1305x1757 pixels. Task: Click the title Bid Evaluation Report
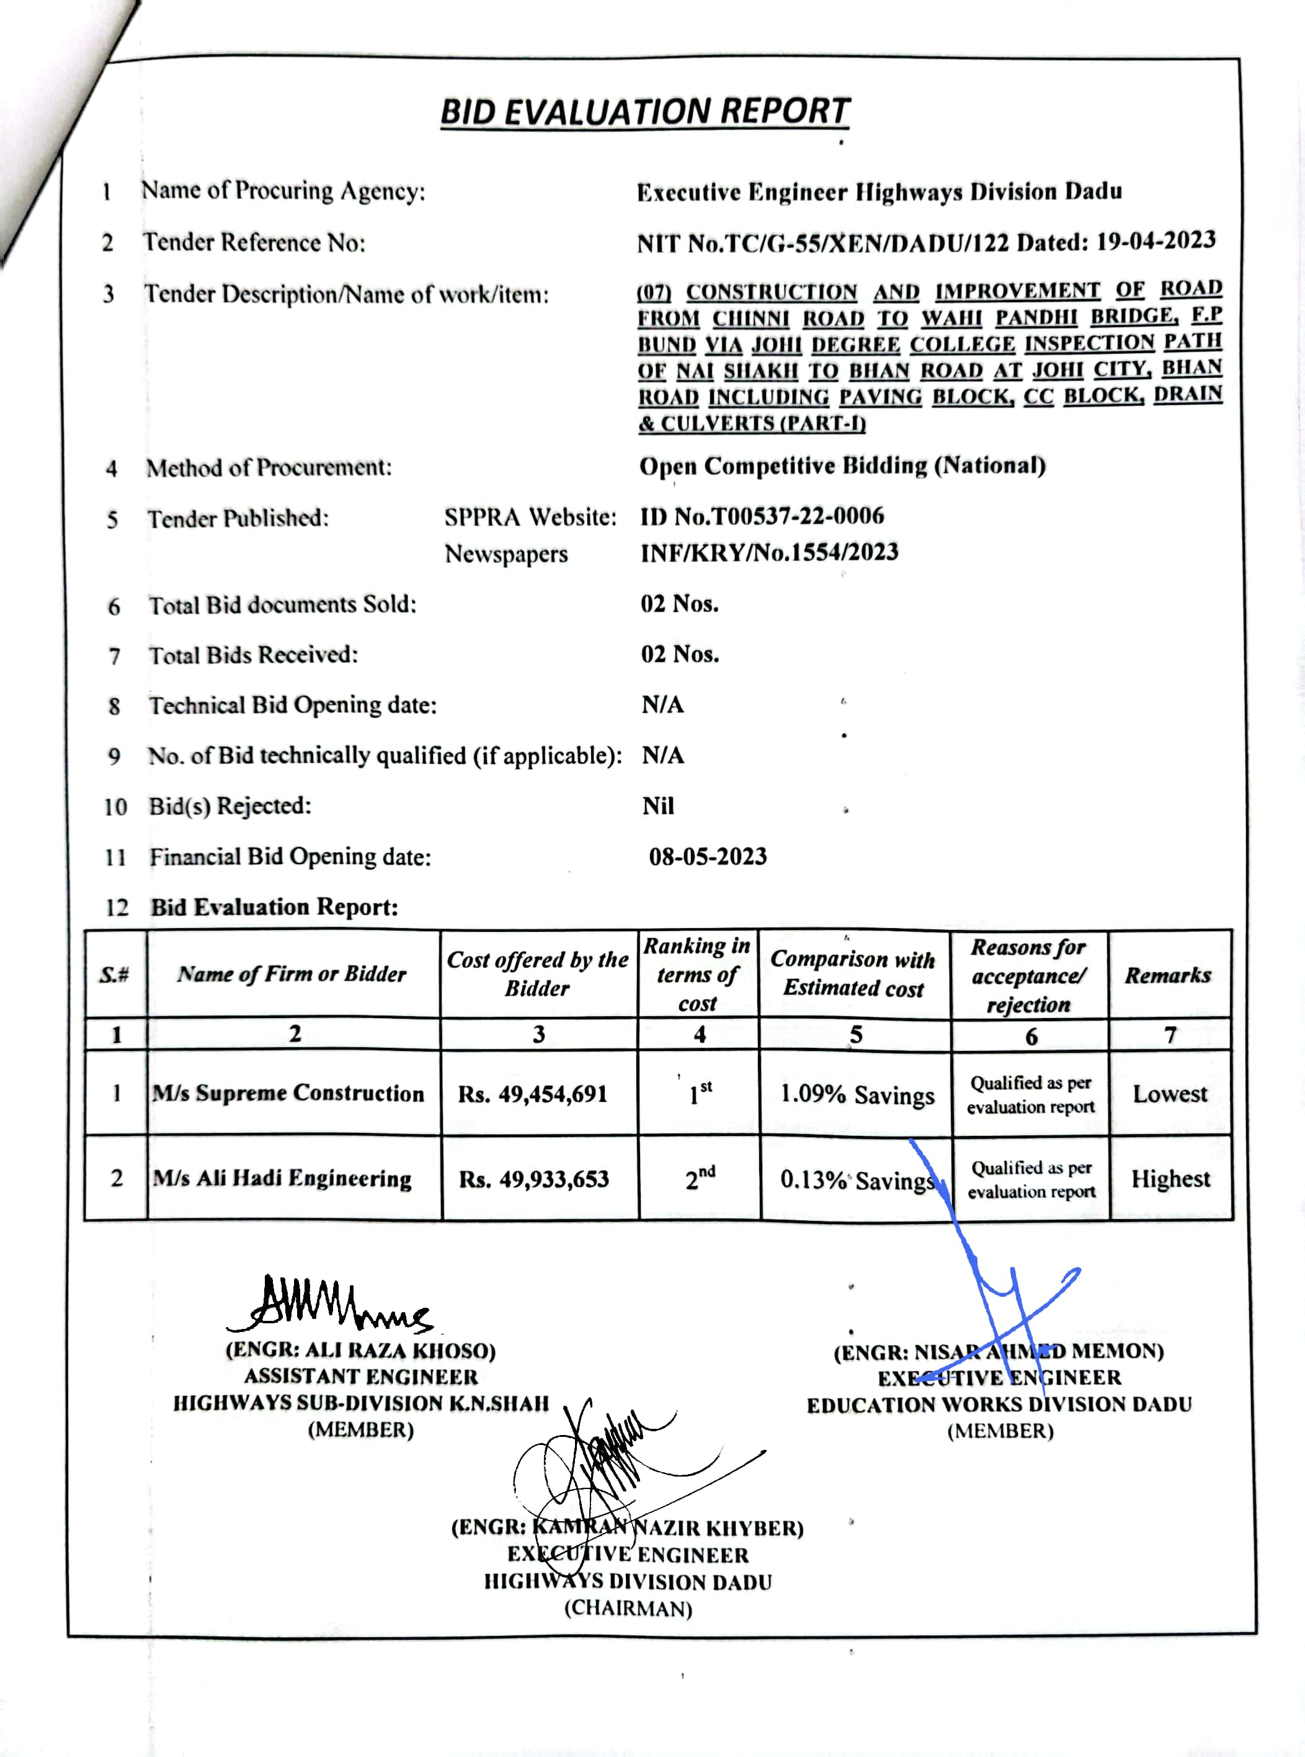(x=644, y=112)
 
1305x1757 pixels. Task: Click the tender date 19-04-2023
(x=1156, y=240)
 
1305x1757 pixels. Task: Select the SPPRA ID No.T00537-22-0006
(x=762, y=516)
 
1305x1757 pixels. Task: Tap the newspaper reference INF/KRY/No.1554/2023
(x=768, y=552)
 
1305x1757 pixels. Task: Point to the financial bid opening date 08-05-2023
(x=708, y=856)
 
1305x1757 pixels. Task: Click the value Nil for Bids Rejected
(x=658, y=806)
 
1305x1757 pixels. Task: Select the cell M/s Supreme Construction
(x=288, y=1093)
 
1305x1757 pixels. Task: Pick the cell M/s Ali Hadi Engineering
(x=282, y=1179)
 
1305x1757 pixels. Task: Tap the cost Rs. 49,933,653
(x=534, y=1179)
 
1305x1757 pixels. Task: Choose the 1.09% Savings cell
(x=857, y=1095)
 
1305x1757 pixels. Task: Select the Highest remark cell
(x=1170, y=1179)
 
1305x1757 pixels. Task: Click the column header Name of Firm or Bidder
(x=292, y=974)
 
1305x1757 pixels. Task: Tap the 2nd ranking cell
(x=699, y=1178)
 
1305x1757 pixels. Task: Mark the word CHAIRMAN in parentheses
(x=628, y=1609)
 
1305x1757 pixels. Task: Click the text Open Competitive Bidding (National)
(x=842, y=465)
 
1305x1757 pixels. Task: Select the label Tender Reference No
(x=254, y=243)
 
